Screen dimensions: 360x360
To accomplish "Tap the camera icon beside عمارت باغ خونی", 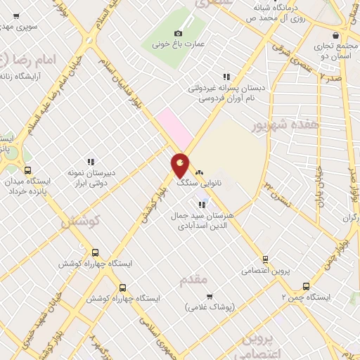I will point(178,33).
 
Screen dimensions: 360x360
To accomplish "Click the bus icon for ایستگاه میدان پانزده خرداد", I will point(27,170).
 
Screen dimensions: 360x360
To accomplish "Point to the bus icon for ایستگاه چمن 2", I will point(305,286).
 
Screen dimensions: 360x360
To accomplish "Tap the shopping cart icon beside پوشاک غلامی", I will point(210,296).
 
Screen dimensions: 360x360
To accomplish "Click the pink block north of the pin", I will point(172,127).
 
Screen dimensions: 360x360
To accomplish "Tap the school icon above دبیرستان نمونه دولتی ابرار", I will point(89,161).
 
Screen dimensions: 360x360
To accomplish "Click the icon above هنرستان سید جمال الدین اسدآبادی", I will point(202,205).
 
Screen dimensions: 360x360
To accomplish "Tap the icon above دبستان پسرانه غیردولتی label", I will point(226,77).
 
